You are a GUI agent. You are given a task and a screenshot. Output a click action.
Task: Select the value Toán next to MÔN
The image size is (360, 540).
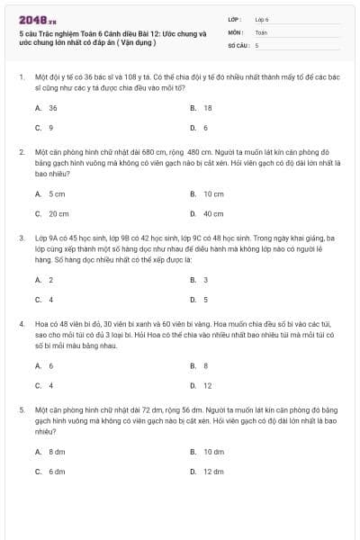point(261,31)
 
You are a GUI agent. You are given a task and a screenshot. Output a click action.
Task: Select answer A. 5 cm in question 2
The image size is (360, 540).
point(50,193)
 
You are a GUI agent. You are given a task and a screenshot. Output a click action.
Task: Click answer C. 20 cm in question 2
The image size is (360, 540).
point(52,213)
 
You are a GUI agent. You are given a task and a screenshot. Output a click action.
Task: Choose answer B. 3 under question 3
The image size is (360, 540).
point(199,280)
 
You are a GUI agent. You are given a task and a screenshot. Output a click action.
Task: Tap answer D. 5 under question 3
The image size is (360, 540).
point(199,300)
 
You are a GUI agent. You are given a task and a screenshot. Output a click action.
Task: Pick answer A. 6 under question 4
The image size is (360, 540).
point(44,365)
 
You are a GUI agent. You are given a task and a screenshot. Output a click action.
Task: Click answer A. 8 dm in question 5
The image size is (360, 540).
point(50,451)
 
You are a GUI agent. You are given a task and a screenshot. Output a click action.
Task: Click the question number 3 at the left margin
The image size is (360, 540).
point(21,238)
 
